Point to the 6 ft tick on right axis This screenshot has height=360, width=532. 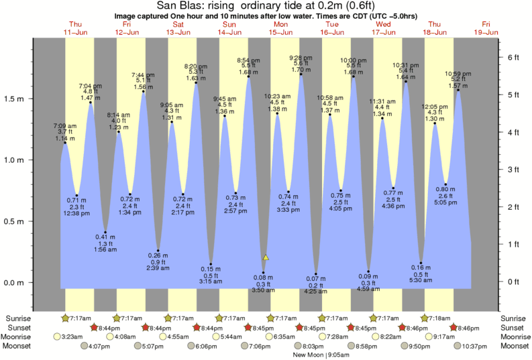point(513,58)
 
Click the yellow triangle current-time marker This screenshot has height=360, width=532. point(266,257)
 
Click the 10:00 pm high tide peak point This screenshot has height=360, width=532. point(354,76)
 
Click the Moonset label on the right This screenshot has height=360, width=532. point(514,346)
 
